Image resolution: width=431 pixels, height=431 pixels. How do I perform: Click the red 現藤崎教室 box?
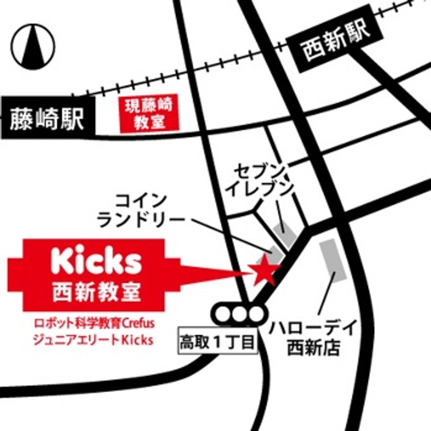tap(147, 114)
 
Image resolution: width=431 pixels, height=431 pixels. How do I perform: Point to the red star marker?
tap(265, 269)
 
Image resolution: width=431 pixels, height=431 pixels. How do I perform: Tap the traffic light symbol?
tap(239, 312)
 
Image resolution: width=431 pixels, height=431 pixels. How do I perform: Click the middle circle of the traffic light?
tap(239, 312)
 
